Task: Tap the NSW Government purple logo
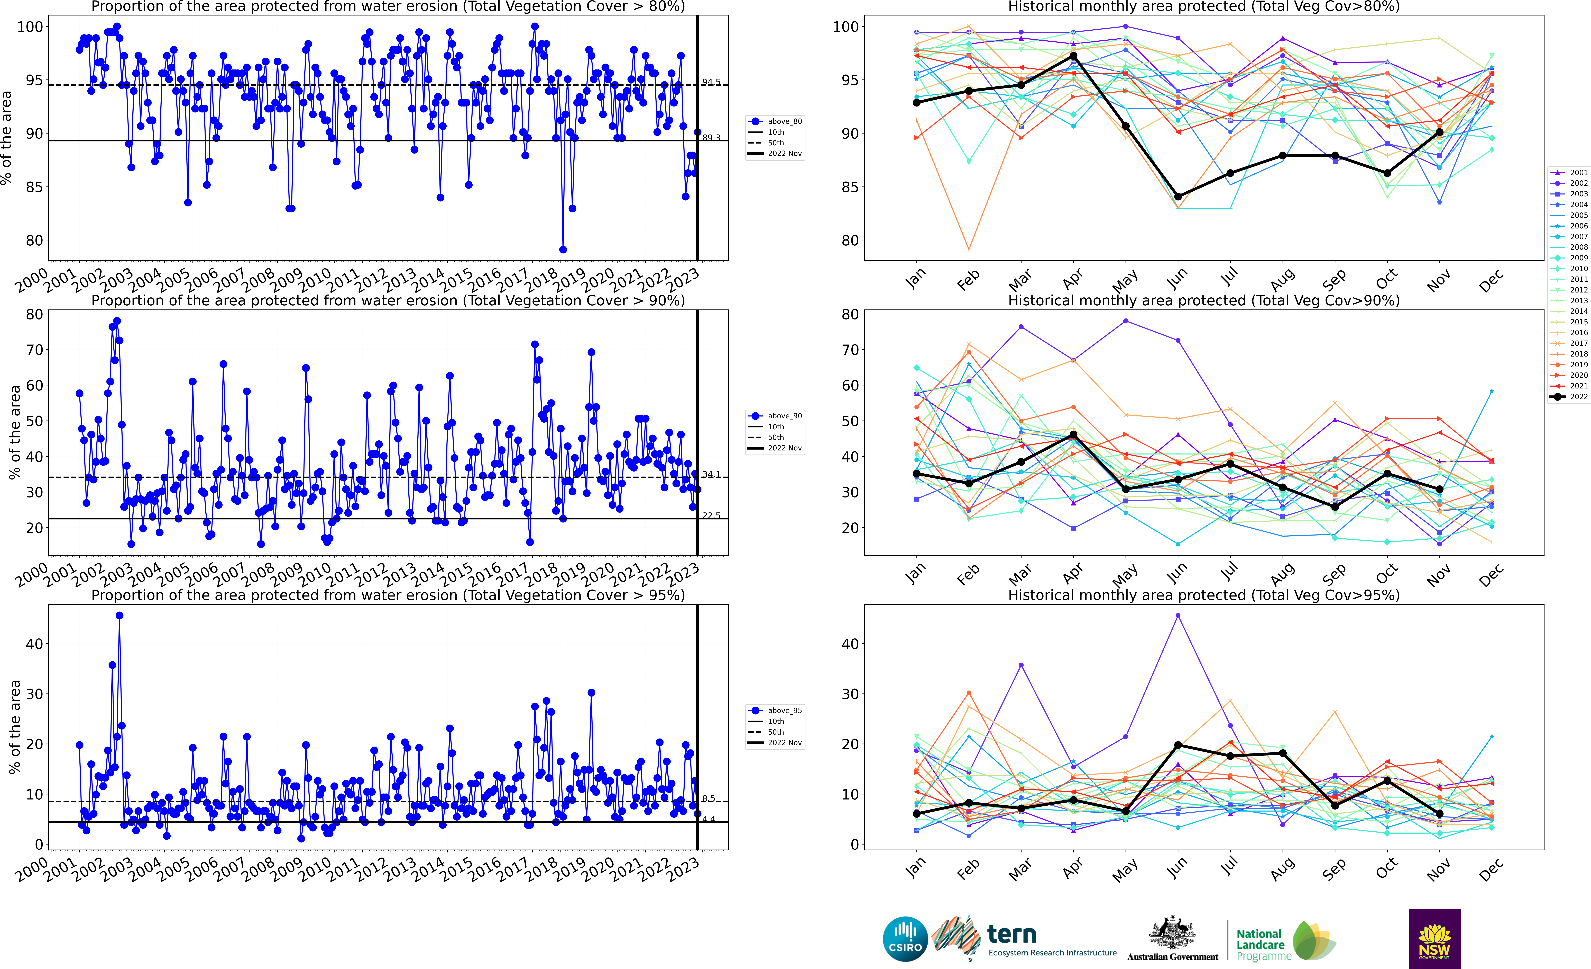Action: (1434, 939)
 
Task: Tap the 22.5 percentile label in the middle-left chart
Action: (711, 515)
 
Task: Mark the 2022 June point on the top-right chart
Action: (1178, 196)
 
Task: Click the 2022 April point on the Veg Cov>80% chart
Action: (1073, 56)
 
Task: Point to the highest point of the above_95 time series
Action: (119, 616)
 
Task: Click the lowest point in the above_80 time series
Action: (563, 249)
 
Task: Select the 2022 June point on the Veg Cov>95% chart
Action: (1178, 745)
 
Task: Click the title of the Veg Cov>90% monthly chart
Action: (1204, 301)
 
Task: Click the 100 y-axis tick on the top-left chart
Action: (30, 27)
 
